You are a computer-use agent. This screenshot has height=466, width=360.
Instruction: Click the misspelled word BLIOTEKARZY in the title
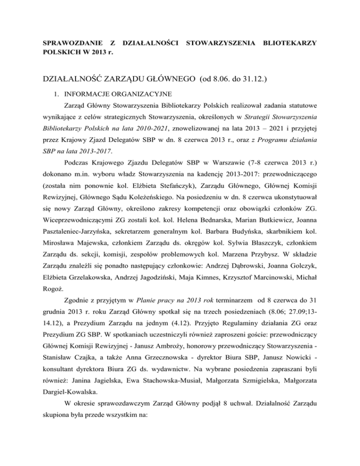(285, 44)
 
